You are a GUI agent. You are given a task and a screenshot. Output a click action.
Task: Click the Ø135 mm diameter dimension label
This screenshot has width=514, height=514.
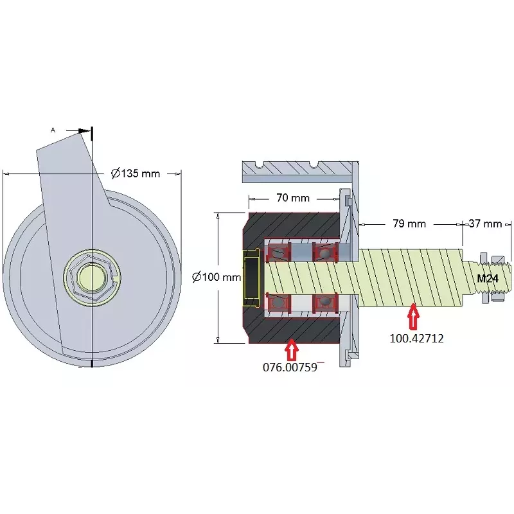tap(136, 173)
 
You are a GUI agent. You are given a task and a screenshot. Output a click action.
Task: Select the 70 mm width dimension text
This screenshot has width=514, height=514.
tap(293, 198)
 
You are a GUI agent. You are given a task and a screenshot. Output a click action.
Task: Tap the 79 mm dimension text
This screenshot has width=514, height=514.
tap(409, 224)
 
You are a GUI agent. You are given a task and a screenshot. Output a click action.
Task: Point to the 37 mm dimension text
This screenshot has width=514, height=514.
tap(485, 224)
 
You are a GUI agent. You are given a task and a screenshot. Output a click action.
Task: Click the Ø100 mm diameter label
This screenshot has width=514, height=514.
tap(217, 278)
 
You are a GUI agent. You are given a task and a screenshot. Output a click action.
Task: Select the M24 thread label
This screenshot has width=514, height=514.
tap(488, 279)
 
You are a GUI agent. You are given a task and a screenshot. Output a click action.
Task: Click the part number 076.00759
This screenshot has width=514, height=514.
tap(290, 367)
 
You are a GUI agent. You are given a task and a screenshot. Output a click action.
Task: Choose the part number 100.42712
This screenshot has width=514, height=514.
tap(416, 338)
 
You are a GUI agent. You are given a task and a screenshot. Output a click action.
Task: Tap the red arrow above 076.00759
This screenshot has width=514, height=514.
tap(292, 350)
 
